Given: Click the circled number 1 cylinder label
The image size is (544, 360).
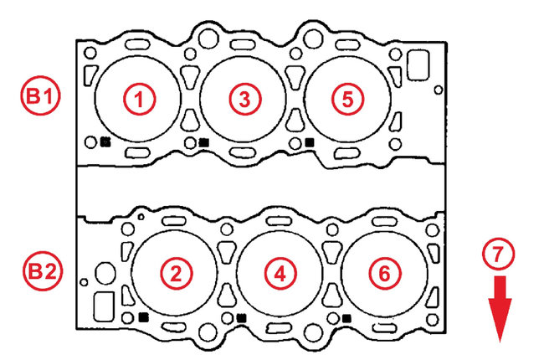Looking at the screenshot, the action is click(x=139, y=100).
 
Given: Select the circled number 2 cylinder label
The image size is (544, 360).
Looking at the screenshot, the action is click(x=176, y=274).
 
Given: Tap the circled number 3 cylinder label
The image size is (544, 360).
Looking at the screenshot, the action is click(x=244, y=100).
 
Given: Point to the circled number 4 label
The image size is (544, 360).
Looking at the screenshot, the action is click(x=280, y=274).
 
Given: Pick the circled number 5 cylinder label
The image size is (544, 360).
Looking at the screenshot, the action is click(x=347, y=100).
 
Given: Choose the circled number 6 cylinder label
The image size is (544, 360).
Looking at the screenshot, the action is click(x=385, y=274).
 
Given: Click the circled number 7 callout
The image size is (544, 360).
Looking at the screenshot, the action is click(x=498, y=255).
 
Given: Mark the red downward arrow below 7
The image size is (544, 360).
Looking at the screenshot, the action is click(x=500, y=309).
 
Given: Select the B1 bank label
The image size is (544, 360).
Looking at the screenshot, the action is click(x=41, y=95).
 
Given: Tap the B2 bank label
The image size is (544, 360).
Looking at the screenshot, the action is click(x=43, y=271).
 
